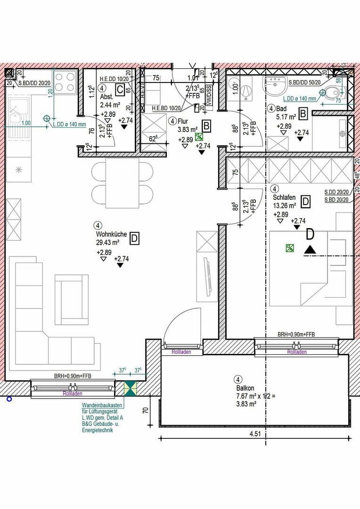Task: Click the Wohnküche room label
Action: (109, 234)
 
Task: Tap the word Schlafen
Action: (284, 197)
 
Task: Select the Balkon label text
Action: (245, 388)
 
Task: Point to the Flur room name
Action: (183, 121)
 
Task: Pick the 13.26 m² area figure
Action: (285, 205)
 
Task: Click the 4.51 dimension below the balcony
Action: (254, 434)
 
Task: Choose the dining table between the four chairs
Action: (122, 182)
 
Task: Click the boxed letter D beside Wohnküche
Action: (134, 238)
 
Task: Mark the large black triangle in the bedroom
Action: (310, 249)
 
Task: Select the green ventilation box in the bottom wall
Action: (130, 389)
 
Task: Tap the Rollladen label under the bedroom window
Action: (297, 352)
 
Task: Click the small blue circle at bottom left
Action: (8, 399)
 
